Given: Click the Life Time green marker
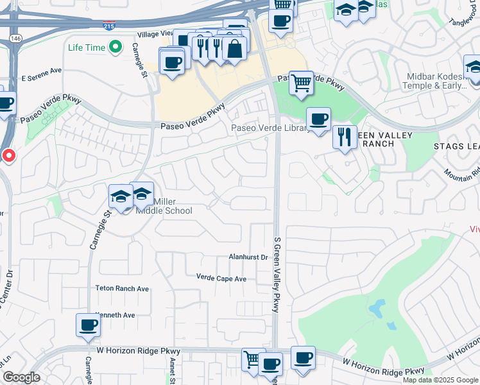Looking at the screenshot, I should tap(116, 47).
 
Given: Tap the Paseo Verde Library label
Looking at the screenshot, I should tap(270, 128).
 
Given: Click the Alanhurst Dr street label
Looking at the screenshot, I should tap(248, 257).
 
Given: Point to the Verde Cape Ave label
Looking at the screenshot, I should tap(221, 278).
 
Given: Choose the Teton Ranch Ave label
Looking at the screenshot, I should tap(122, 289).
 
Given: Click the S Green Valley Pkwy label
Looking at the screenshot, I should tap(277, 273).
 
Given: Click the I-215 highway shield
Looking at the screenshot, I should tap(110, 24).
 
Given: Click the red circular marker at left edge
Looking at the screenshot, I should tap(8, 155).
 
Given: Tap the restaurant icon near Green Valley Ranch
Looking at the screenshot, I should tap(345, 137).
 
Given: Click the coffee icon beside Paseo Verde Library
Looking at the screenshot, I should tap(318, 119).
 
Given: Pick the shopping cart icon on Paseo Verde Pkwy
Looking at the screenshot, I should tap(301, 83).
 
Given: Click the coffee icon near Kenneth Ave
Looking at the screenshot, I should tap(88, 325).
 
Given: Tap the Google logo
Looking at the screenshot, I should tap(21, 377).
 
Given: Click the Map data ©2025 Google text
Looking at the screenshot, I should tap(440, 380).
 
